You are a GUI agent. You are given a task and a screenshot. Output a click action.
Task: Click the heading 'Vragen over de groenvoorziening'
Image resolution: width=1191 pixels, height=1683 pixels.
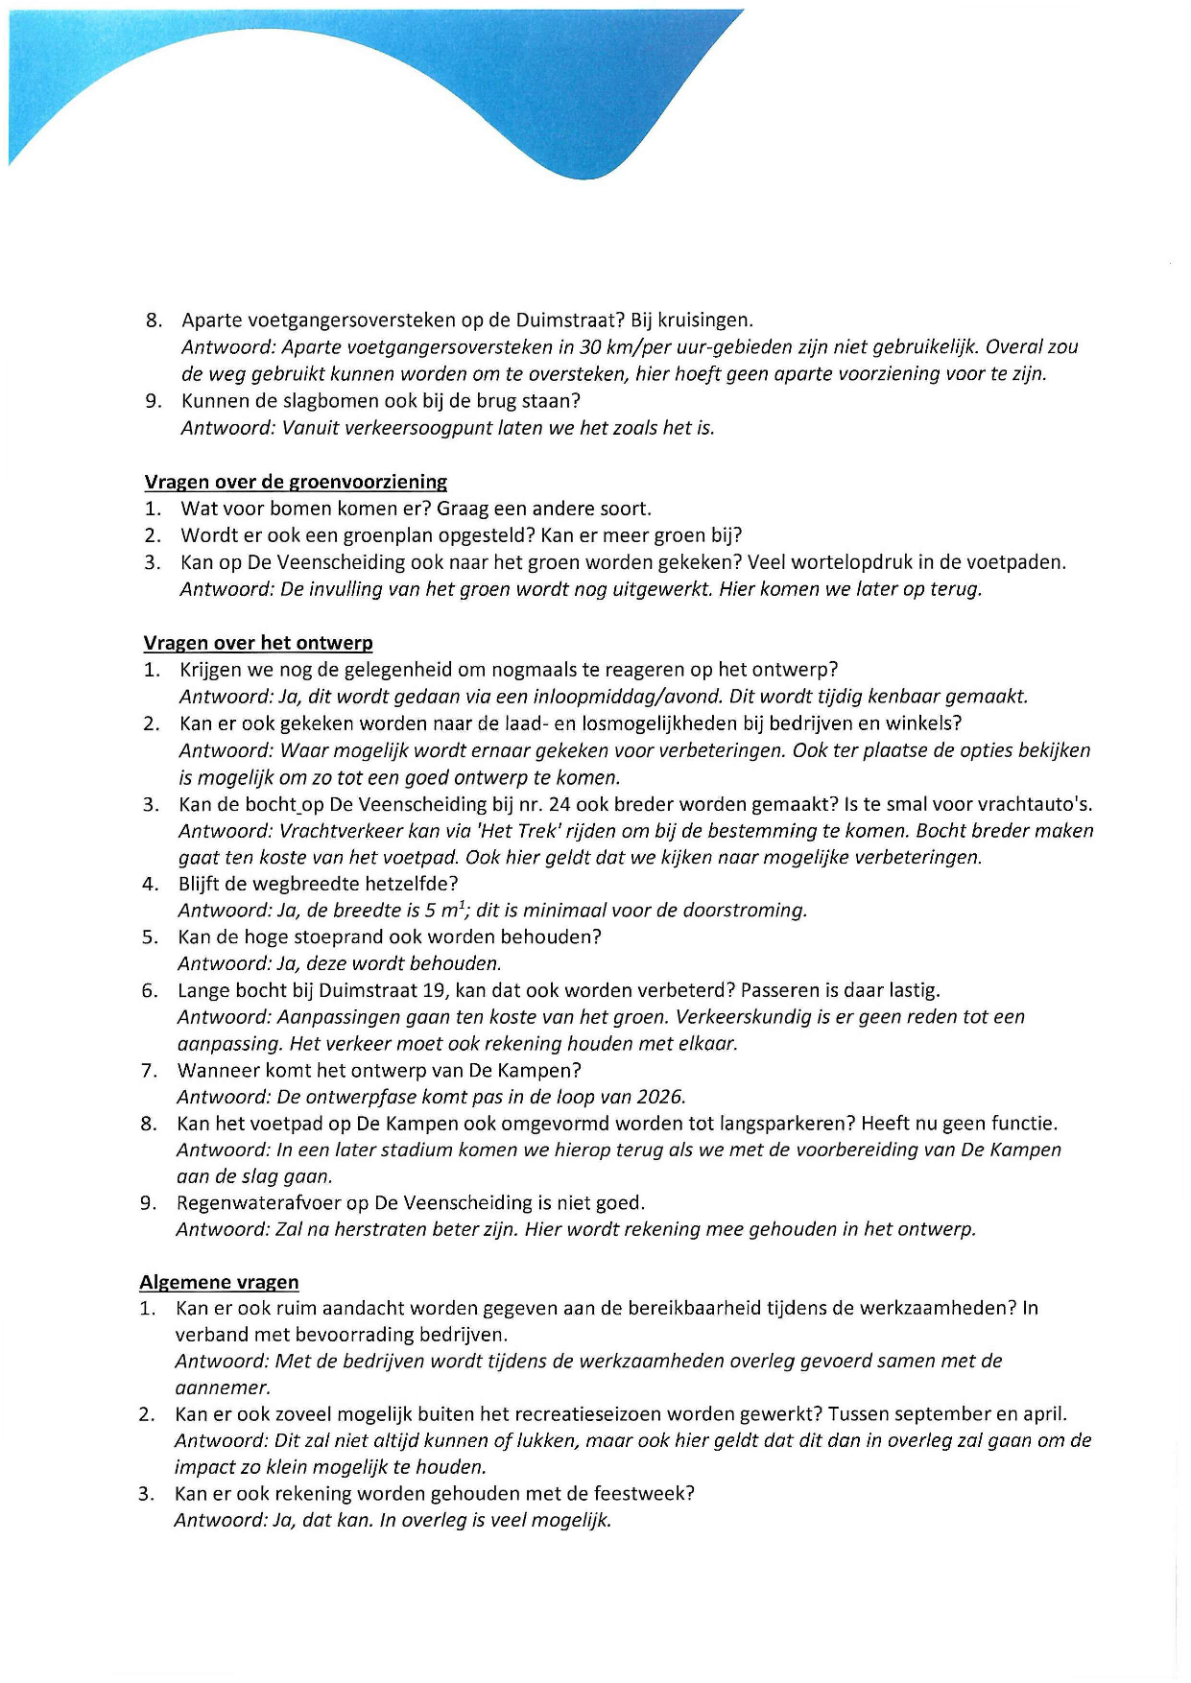[x=296, y=482]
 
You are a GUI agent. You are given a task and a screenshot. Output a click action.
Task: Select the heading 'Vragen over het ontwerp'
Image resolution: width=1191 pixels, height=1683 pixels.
[x=258, y=643]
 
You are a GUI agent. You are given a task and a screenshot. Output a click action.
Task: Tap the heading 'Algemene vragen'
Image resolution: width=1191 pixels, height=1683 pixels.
[x=219, y=1282]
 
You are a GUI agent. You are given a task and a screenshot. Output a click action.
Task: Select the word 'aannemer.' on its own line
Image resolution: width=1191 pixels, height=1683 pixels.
[x=223, y=1387]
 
